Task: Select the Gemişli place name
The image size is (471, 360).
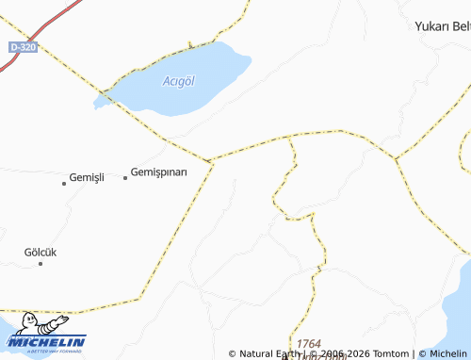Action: [87, 177]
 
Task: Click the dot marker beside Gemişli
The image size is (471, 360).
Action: [64, 183]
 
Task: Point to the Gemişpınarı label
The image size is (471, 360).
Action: [159, 172]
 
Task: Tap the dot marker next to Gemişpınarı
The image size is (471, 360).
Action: [125, 177]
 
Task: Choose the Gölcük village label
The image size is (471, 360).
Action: [41, 253]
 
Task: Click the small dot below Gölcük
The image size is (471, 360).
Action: [41, 264]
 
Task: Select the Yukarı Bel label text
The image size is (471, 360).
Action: [442, 26]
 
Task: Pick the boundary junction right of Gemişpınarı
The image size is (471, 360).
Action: [212, 161]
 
